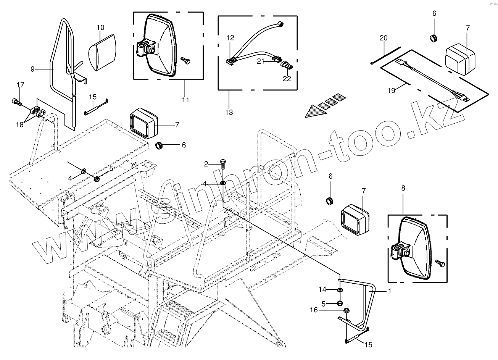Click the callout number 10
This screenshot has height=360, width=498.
(100, 27)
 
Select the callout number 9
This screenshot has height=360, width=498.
(33, 69)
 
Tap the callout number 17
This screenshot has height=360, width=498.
(20, 84)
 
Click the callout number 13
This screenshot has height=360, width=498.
(229, 112)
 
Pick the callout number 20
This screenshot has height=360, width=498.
(384, 38)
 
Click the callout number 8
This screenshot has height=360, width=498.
(403, 188)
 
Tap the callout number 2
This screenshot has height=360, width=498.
(206, 164)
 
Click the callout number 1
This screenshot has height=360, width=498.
(390, 291)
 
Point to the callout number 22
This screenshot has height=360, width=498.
(287, 79)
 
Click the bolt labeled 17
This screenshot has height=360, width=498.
(16, 102)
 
